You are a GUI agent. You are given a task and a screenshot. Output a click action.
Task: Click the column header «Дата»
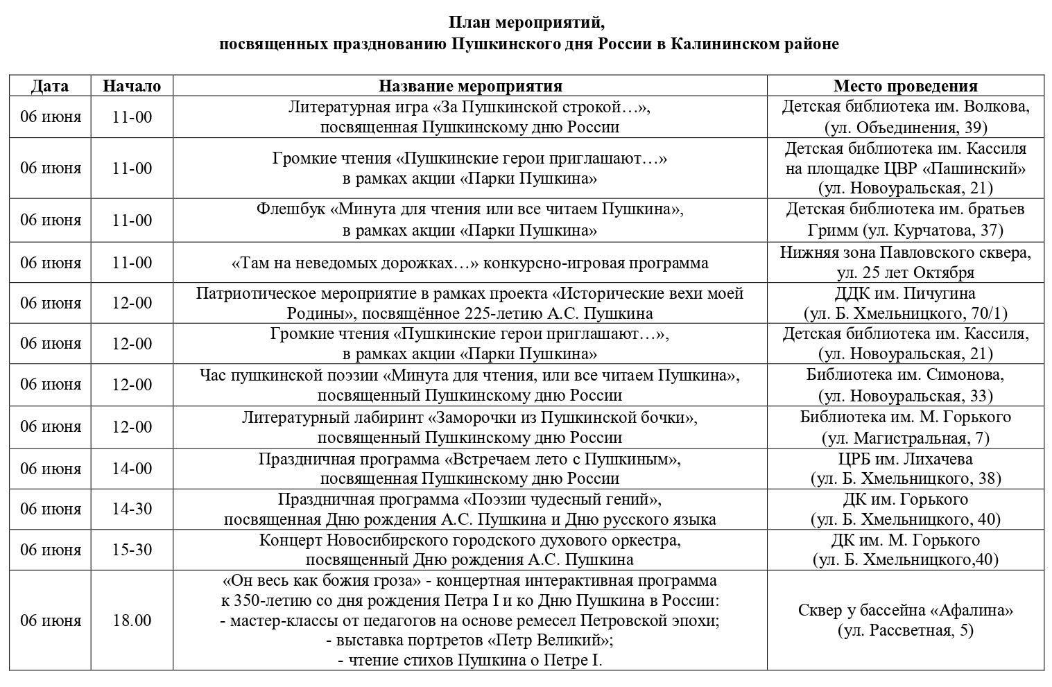(50, 86)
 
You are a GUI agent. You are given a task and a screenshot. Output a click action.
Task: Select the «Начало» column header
(132, 86)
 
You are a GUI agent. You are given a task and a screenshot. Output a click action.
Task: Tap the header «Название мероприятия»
(470, 86)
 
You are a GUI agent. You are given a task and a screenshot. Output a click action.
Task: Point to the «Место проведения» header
(905, 86)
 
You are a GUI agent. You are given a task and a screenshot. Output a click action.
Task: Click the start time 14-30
(132, 510)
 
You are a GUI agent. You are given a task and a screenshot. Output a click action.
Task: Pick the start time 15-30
(132, 550)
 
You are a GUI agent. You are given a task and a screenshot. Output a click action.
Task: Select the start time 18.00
(132, 620)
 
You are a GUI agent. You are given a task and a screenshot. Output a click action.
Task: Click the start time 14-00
(132, 469)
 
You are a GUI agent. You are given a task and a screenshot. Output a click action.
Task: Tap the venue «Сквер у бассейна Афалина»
(905, 611)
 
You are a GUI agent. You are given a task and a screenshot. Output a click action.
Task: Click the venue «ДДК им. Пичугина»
(905, 293)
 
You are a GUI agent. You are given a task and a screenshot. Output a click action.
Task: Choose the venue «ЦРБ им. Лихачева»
(905, 459)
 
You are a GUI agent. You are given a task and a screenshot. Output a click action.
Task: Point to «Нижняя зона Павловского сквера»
(905, 252)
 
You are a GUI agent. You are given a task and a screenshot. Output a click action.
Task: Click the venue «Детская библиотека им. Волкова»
(905, 107)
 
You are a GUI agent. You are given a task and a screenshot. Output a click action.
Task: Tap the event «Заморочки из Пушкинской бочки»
(562, 418)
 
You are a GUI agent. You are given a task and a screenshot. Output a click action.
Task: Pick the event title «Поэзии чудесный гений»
(562, 499)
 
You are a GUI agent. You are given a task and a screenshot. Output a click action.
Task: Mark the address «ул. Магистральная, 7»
(905, 438)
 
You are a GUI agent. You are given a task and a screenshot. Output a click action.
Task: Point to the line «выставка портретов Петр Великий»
(469, 640)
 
